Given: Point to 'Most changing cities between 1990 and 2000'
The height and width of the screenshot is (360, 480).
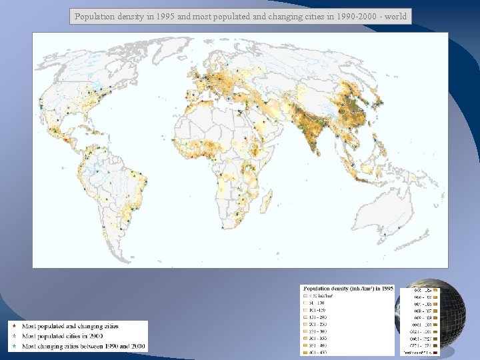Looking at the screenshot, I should tap(83, 347).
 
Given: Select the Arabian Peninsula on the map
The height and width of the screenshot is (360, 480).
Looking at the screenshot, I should tap(263, 131).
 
